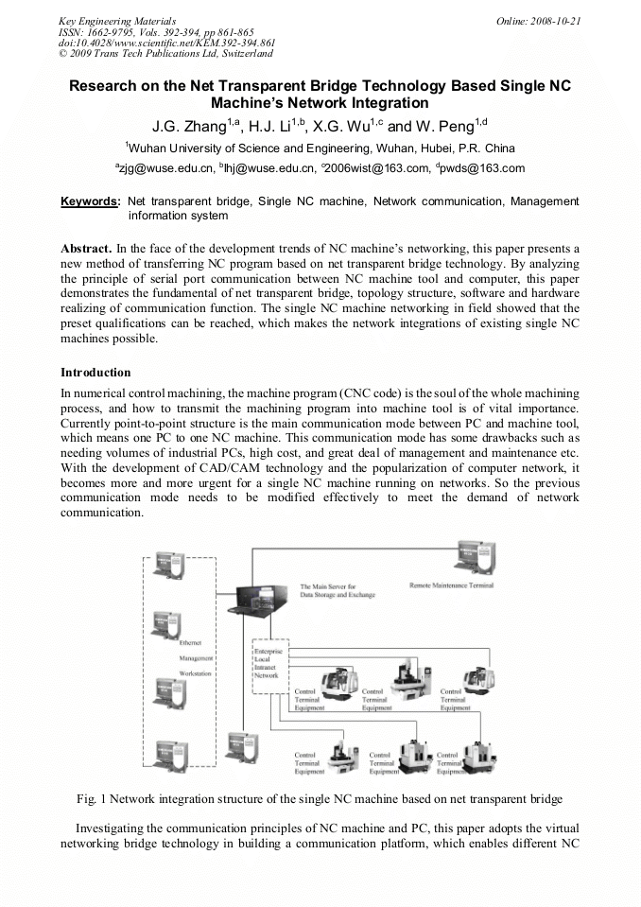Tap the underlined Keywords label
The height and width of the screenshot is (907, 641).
click(90, 201)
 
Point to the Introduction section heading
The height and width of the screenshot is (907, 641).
click(95, 372)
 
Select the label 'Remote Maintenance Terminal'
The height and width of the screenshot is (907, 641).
click(451, 585)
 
